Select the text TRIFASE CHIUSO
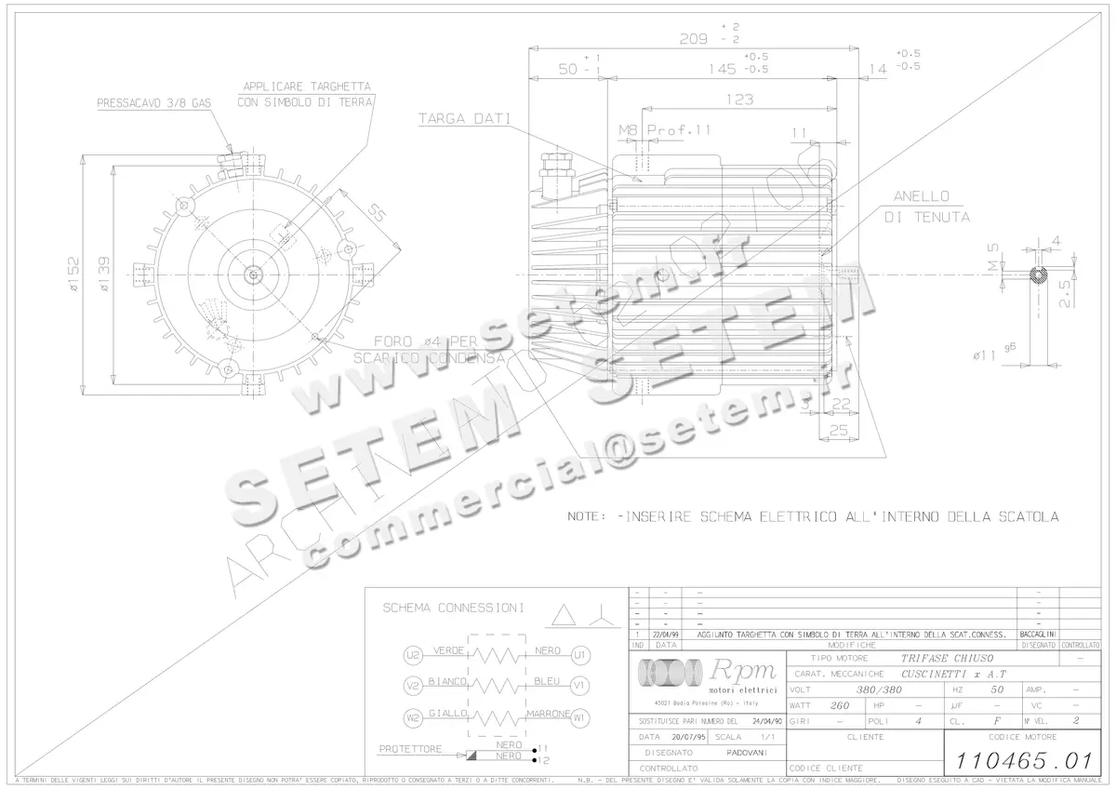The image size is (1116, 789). click(874, 658)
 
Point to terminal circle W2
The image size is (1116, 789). click(413, 718)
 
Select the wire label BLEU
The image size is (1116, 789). click(547, 682)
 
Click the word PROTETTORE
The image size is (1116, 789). click(410, 748)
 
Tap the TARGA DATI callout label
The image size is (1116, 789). click(451, 119)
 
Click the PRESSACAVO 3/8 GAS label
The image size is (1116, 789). click(154, 105)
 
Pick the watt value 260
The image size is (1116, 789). click(839, 705)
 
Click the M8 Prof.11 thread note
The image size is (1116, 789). click(664, 130)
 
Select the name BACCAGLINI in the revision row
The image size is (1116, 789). click(1038, 633)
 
